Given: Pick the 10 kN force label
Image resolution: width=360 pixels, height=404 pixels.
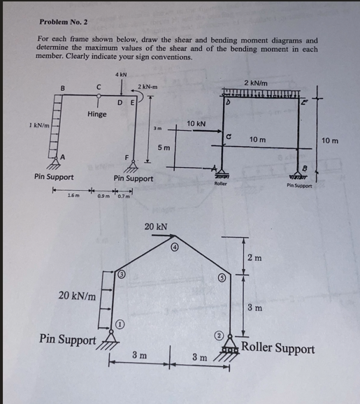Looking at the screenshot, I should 196,123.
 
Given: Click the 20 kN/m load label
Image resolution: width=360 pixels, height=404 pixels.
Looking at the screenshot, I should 77,297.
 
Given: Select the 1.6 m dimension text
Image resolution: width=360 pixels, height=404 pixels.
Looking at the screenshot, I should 73,196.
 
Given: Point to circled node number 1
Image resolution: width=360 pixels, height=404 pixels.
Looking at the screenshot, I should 120,324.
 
